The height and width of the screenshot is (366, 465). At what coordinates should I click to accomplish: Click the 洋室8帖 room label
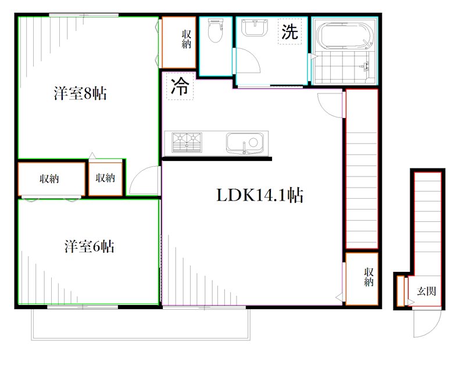tap(80, 94)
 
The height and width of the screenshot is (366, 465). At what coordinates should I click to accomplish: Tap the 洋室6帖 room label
tap(88, 247)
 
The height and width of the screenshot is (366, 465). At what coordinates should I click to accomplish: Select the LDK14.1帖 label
tap(260, 196)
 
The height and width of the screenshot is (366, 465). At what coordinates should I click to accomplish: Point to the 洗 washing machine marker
tap(289, 32)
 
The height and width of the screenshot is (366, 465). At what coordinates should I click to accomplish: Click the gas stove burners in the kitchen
tap(186, 142)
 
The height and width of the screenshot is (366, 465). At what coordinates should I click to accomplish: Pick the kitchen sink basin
tap(244, 142)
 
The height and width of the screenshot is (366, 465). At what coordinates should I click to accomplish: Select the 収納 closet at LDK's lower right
tap(362, 278)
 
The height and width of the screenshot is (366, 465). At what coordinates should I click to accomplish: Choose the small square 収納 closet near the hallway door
tap(105, 178)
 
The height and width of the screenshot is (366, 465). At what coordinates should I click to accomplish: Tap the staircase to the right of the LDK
tap(362, 168)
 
